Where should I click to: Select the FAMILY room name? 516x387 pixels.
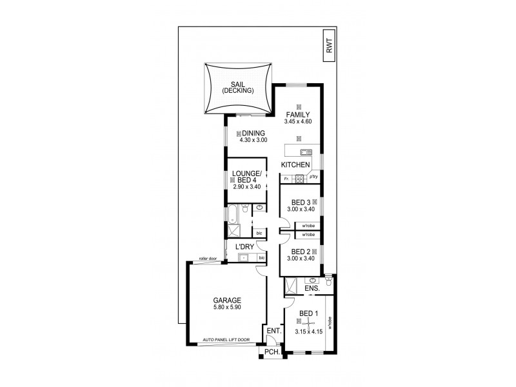[299, 114]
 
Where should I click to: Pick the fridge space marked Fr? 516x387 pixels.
[285, 178]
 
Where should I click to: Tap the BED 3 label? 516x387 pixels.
[300, 202]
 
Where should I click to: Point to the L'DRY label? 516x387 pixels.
[244, 247]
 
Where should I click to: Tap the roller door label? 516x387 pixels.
[208, 258]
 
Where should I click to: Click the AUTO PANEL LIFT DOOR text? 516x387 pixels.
[225, 339]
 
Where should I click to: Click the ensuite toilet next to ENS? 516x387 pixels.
[328, 281]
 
